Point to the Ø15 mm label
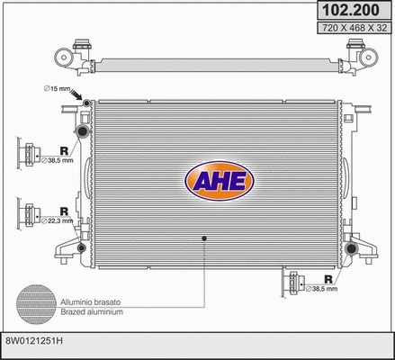click(x=57, y=87)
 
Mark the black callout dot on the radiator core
click(x=205, y=237)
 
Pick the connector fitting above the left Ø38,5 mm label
click(x=26, y=148)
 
